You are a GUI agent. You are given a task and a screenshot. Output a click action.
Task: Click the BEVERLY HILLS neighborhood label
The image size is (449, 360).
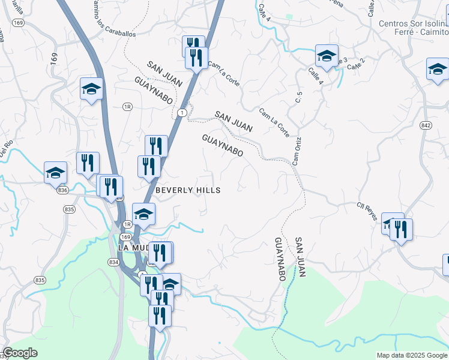[x=188, y=190]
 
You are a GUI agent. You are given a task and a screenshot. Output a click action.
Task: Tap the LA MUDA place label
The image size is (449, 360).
[x=133, y=247]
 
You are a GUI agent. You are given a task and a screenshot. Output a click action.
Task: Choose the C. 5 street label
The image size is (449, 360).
[x=298, y=97]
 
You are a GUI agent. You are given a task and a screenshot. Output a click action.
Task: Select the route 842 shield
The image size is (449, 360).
[x=426, y=125]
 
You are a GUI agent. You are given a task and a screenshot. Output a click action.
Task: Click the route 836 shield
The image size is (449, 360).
[x=63, y=190]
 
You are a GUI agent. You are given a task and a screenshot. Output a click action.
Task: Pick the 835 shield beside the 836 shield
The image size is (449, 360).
[x=70, y=209]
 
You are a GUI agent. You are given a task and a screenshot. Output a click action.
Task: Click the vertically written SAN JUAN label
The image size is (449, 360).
[x=301, y=257]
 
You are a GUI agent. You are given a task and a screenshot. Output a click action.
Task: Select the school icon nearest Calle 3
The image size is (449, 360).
[x=327, y=56]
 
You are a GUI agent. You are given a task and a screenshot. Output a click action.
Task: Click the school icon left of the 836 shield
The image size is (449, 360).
[x=55, y=172]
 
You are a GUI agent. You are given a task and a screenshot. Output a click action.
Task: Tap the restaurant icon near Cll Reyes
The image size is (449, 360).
[x=401, y=229]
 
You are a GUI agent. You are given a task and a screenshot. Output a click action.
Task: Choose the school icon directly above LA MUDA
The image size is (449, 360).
[x=144, y=214]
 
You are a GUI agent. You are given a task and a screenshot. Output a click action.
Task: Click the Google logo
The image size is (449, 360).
[x=20, y=353]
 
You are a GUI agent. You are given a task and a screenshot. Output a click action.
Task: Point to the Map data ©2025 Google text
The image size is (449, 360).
[x=411, y=355]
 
